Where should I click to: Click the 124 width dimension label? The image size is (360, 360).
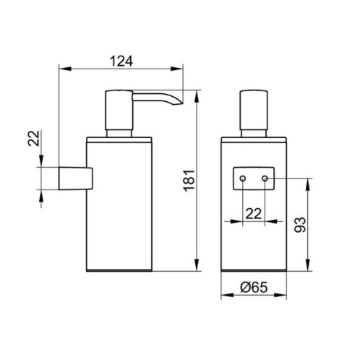tap(121, 61)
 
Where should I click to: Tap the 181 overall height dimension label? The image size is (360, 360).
tap(189, 181)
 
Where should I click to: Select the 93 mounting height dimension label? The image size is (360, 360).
tap(300, 225)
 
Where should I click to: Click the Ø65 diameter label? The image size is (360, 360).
tap(254, 287)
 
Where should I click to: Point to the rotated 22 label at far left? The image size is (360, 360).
tap(33, 138)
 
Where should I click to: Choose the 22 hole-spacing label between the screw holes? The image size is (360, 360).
tap(254, 213)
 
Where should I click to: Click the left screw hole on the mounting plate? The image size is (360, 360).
tap(243, 179)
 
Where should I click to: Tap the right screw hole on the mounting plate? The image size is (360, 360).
tap(265, 179)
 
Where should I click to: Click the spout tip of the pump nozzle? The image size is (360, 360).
tap(181, 103)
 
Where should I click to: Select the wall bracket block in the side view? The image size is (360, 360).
tap(76, 179)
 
